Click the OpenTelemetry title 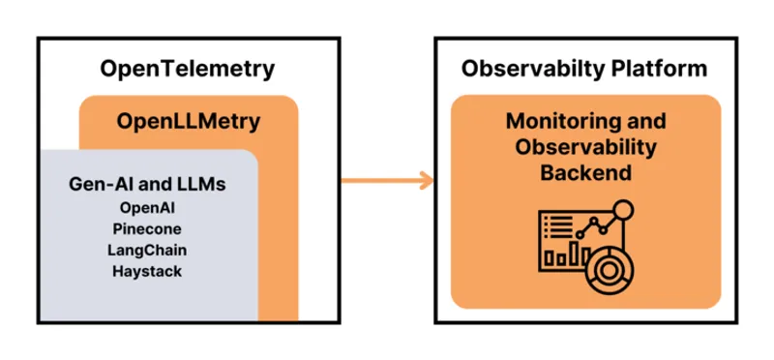coord(188,70)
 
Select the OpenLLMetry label coord(188,122)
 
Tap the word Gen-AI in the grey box coord(97,184)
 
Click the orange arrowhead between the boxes coord(423,179)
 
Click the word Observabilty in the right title coord(528,70)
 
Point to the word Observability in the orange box coord(586,148)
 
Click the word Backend coord(586,173)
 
